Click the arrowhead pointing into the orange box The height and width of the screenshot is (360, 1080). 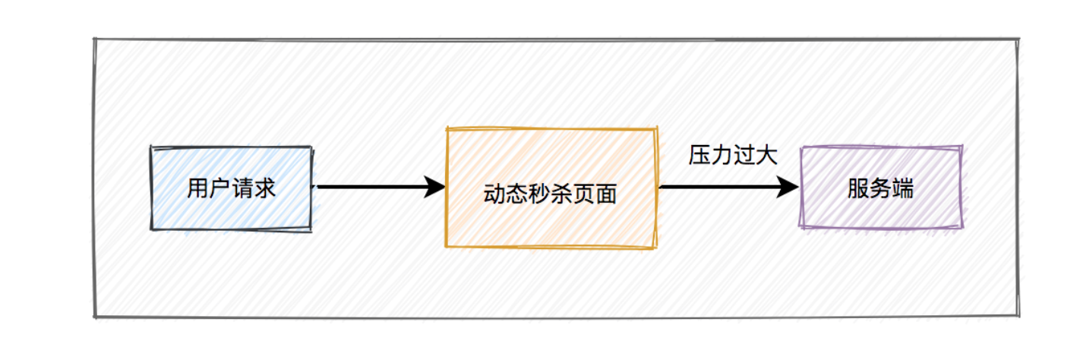click(x=435, y=187)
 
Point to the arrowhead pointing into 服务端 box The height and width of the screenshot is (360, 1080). click(x=789, y=187)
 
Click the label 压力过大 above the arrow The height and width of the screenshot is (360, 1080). click(x=733, y=156)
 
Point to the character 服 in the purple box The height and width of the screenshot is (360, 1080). click(x=858, y=188)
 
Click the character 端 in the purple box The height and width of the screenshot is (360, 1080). click(x=904, y=188)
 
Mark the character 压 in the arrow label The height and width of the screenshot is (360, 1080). click(x=699, y=156)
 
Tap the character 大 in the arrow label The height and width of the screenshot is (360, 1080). click(x=767, y=156)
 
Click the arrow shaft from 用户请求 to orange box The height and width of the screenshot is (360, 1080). click(x=372, y=187)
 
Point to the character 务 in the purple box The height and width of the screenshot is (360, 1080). click(x=881, y=188)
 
